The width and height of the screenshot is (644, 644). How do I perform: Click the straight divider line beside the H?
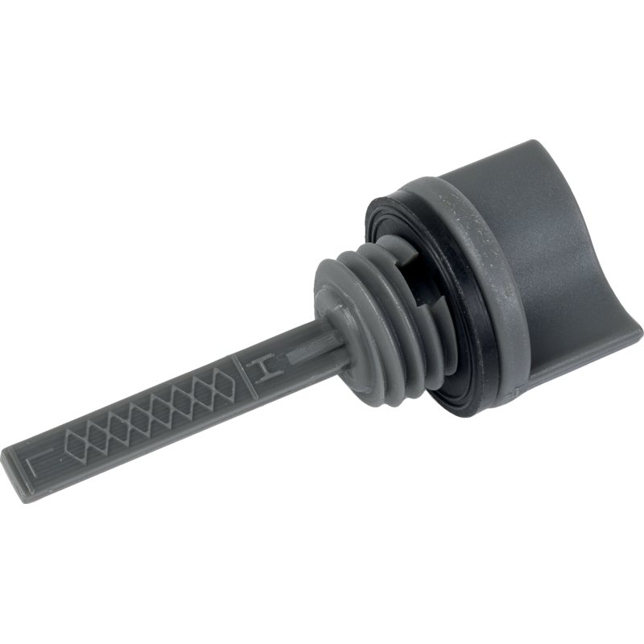[x=245, y=377]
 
